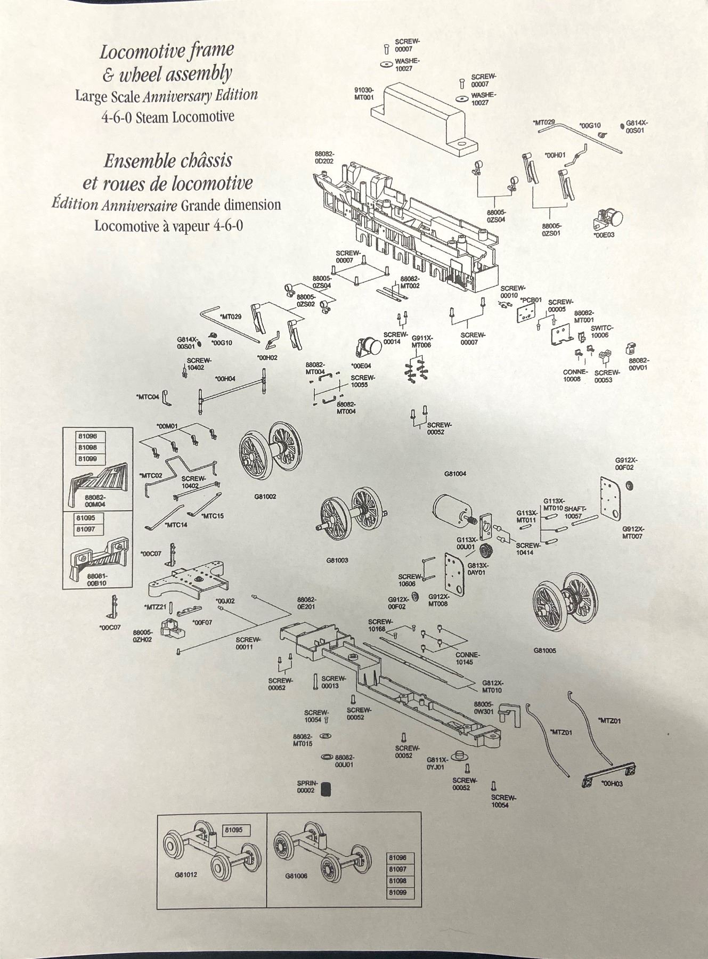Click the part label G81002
click(265, 496)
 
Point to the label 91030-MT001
click(364, 94)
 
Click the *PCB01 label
click(531, 300)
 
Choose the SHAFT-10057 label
click(576, 513)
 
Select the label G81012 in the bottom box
click(185, 874)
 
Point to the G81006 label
click(296, 875)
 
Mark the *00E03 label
click(604, 234)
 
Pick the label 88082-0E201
click(307, 603)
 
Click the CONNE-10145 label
click(467, 658)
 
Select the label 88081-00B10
click(96, 580)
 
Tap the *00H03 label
click(612, 784)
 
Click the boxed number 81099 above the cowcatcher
click(88, 459)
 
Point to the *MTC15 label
click(213, 516)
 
